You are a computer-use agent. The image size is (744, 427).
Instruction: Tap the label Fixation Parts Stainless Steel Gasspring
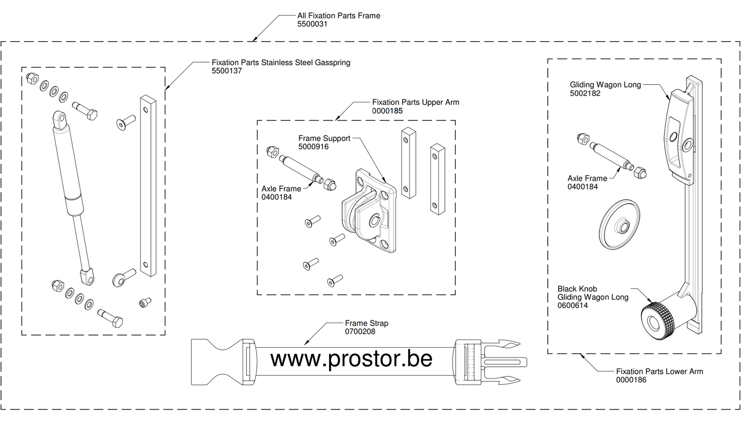click(281, 63)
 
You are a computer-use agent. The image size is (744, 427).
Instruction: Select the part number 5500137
click(227, 71)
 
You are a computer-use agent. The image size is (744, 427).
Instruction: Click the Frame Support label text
click(324, 138)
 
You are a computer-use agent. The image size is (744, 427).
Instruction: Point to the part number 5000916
click(314, 147)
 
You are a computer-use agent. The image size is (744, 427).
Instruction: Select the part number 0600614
click(573, 306)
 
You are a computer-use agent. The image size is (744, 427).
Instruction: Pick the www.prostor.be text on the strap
click(351, 359)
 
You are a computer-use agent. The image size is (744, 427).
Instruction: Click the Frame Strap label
click(367, 324)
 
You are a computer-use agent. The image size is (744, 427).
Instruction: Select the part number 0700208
click(360, 332)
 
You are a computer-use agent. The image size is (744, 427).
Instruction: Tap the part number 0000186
click(631, 380)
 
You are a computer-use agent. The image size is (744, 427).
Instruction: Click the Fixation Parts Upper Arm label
click(416, 102)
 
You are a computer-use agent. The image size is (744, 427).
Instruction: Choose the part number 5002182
click(585, 94)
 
